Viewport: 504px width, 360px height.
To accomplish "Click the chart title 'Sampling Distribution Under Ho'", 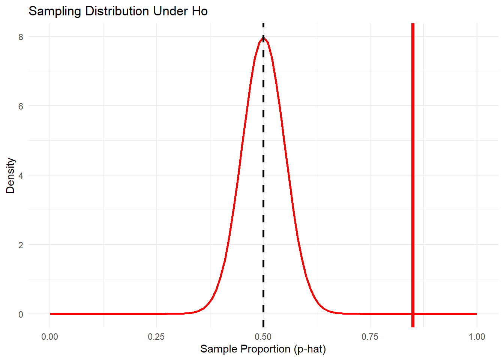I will pos(118,11).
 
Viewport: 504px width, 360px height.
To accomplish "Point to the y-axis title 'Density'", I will pos(10,175).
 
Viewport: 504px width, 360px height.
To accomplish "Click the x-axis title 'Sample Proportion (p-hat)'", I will pos(263,349).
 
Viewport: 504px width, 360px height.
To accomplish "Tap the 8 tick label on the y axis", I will pos(21,37).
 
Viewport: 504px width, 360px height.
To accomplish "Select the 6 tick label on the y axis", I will pos(21,106).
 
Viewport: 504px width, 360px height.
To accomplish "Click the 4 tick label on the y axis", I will pos(21,175).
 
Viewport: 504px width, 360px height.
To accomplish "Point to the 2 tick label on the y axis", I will pos(21,245).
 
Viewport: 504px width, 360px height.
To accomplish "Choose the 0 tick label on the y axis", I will pos(21,314).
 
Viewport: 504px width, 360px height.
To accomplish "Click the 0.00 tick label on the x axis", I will pos(50,337).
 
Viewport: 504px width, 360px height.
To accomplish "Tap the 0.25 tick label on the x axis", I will pos(156,337).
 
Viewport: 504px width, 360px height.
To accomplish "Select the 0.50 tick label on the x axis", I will pos(263,337).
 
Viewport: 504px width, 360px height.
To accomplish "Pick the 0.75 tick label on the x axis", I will pos(370,337).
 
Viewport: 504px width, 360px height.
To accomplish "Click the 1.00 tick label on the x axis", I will pos(477,337).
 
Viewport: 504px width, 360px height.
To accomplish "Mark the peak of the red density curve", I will pos(263,37).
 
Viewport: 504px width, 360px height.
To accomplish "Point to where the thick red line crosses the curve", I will pos(412,314).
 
